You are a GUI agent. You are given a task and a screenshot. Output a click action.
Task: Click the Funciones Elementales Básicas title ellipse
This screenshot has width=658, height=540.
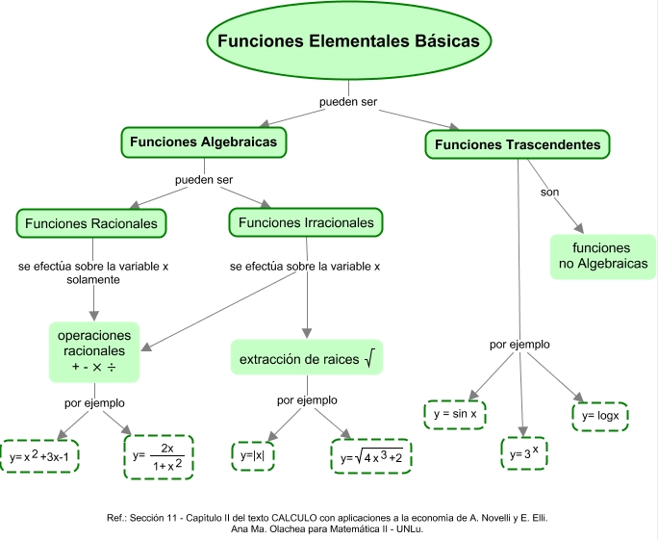click(349, 42)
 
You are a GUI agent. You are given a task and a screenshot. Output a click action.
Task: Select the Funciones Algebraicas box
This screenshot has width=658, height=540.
click(203, 142)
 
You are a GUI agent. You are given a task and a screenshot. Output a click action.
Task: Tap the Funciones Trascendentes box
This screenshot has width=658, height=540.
click(518, 144)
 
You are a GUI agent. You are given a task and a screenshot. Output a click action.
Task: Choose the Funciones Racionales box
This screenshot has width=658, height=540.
click(91, 223)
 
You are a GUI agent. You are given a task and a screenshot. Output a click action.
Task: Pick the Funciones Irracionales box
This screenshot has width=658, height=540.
click(305, 223)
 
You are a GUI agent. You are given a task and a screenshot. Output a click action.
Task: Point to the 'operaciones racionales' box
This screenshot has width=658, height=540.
click(94, 351)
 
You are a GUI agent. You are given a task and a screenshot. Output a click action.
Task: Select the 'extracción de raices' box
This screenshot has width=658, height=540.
click(306, 359)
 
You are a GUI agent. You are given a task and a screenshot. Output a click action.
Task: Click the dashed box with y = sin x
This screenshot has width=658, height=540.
click(455, 414)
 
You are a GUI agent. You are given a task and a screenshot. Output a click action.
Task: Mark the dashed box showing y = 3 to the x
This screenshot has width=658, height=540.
click(524, 451)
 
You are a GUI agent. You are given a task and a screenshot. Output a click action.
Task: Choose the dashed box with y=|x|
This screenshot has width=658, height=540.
click(253, 455)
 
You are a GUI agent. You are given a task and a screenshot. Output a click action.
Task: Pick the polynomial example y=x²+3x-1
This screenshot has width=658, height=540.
click(41, 456)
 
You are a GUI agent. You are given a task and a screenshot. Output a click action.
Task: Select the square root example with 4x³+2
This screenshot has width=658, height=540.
click(370, 457)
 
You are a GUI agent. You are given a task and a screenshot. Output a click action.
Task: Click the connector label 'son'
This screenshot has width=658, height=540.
click(549, 192)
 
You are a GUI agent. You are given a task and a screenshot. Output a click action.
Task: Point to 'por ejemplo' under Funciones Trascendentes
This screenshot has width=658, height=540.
click(519, 344)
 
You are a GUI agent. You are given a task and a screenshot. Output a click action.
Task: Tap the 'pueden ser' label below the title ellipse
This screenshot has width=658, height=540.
click(347, 101)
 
